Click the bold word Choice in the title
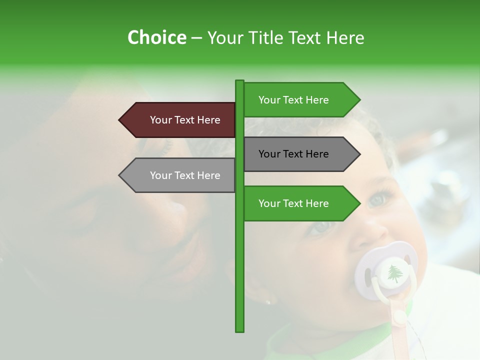[x=156, y=37]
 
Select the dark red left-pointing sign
[x=180, y=120]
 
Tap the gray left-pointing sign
[x=180, y=175]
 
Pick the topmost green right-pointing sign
[x=297, y=100]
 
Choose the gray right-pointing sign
[x=297, y=154]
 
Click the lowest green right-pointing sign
[x=297, y=203]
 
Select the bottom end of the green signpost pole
[x=239, y=329]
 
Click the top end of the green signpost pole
[x=239, y=82]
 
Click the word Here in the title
[x=345, y=37]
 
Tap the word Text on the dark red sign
[x=185, y=120]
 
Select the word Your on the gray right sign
[x=269, y=154]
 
